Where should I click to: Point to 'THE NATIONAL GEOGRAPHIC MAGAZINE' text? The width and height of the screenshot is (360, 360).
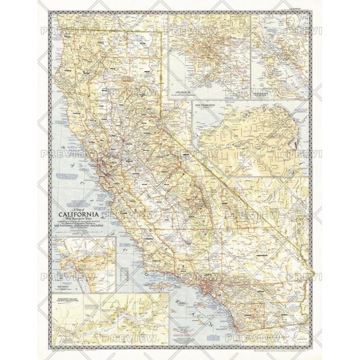point(78,225)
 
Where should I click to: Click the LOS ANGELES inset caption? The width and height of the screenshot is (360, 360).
point(183,90)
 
